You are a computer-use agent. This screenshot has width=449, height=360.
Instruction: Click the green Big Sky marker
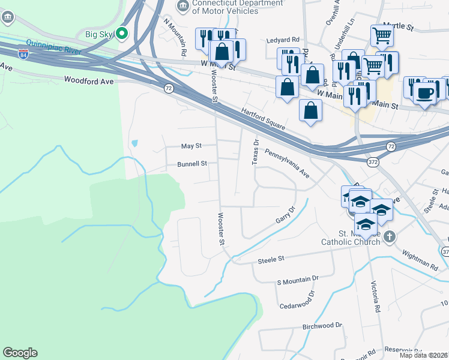click(x=122, y=34)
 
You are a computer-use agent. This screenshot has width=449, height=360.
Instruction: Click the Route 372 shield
click(x=373, y=162)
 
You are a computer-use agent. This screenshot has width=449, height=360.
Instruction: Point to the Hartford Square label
click(x=263, y=118)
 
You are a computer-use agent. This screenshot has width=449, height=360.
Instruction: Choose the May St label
click(x=191, y=146)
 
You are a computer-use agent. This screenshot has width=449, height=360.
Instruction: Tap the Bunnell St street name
click(x=191, y=163)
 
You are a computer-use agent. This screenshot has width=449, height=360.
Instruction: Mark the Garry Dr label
click(x=286, y=215)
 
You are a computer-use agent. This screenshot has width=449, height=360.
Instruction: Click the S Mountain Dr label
click(x=297, y=280)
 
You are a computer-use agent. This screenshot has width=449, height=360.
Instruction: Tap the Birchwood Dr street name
click(x=322, y=325)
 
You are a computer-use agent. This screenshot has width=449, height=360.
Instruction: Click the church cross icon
click(x=389, y=236)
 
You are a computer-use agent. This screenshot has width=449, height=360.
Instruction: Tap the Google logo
click(x=20, y=353)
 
